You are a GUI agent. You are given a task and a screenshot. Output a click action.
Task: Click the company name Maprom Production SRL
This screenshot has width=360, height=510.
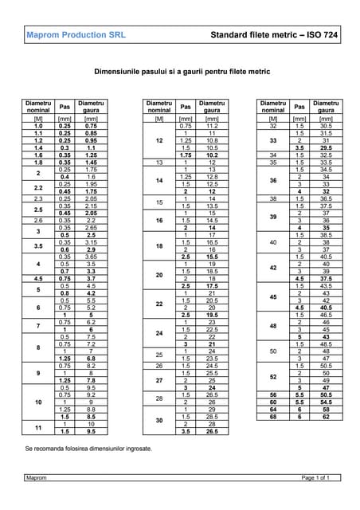[76, 35]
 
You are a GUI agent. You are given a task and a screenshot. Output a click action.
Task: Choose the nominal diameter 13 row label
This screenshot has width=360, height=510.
[159, 163]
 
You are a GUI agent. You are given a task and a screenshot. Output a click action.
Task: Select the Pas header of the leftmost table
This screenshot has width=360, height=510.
[65, 106]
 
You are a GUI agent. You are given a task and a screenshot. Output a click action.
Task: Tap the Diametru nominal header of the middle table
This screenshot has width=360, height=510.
[159, 106]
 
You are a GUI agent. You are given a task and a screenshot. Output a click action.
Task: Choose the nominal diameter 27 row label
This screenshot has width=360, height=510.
[159, 381]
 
